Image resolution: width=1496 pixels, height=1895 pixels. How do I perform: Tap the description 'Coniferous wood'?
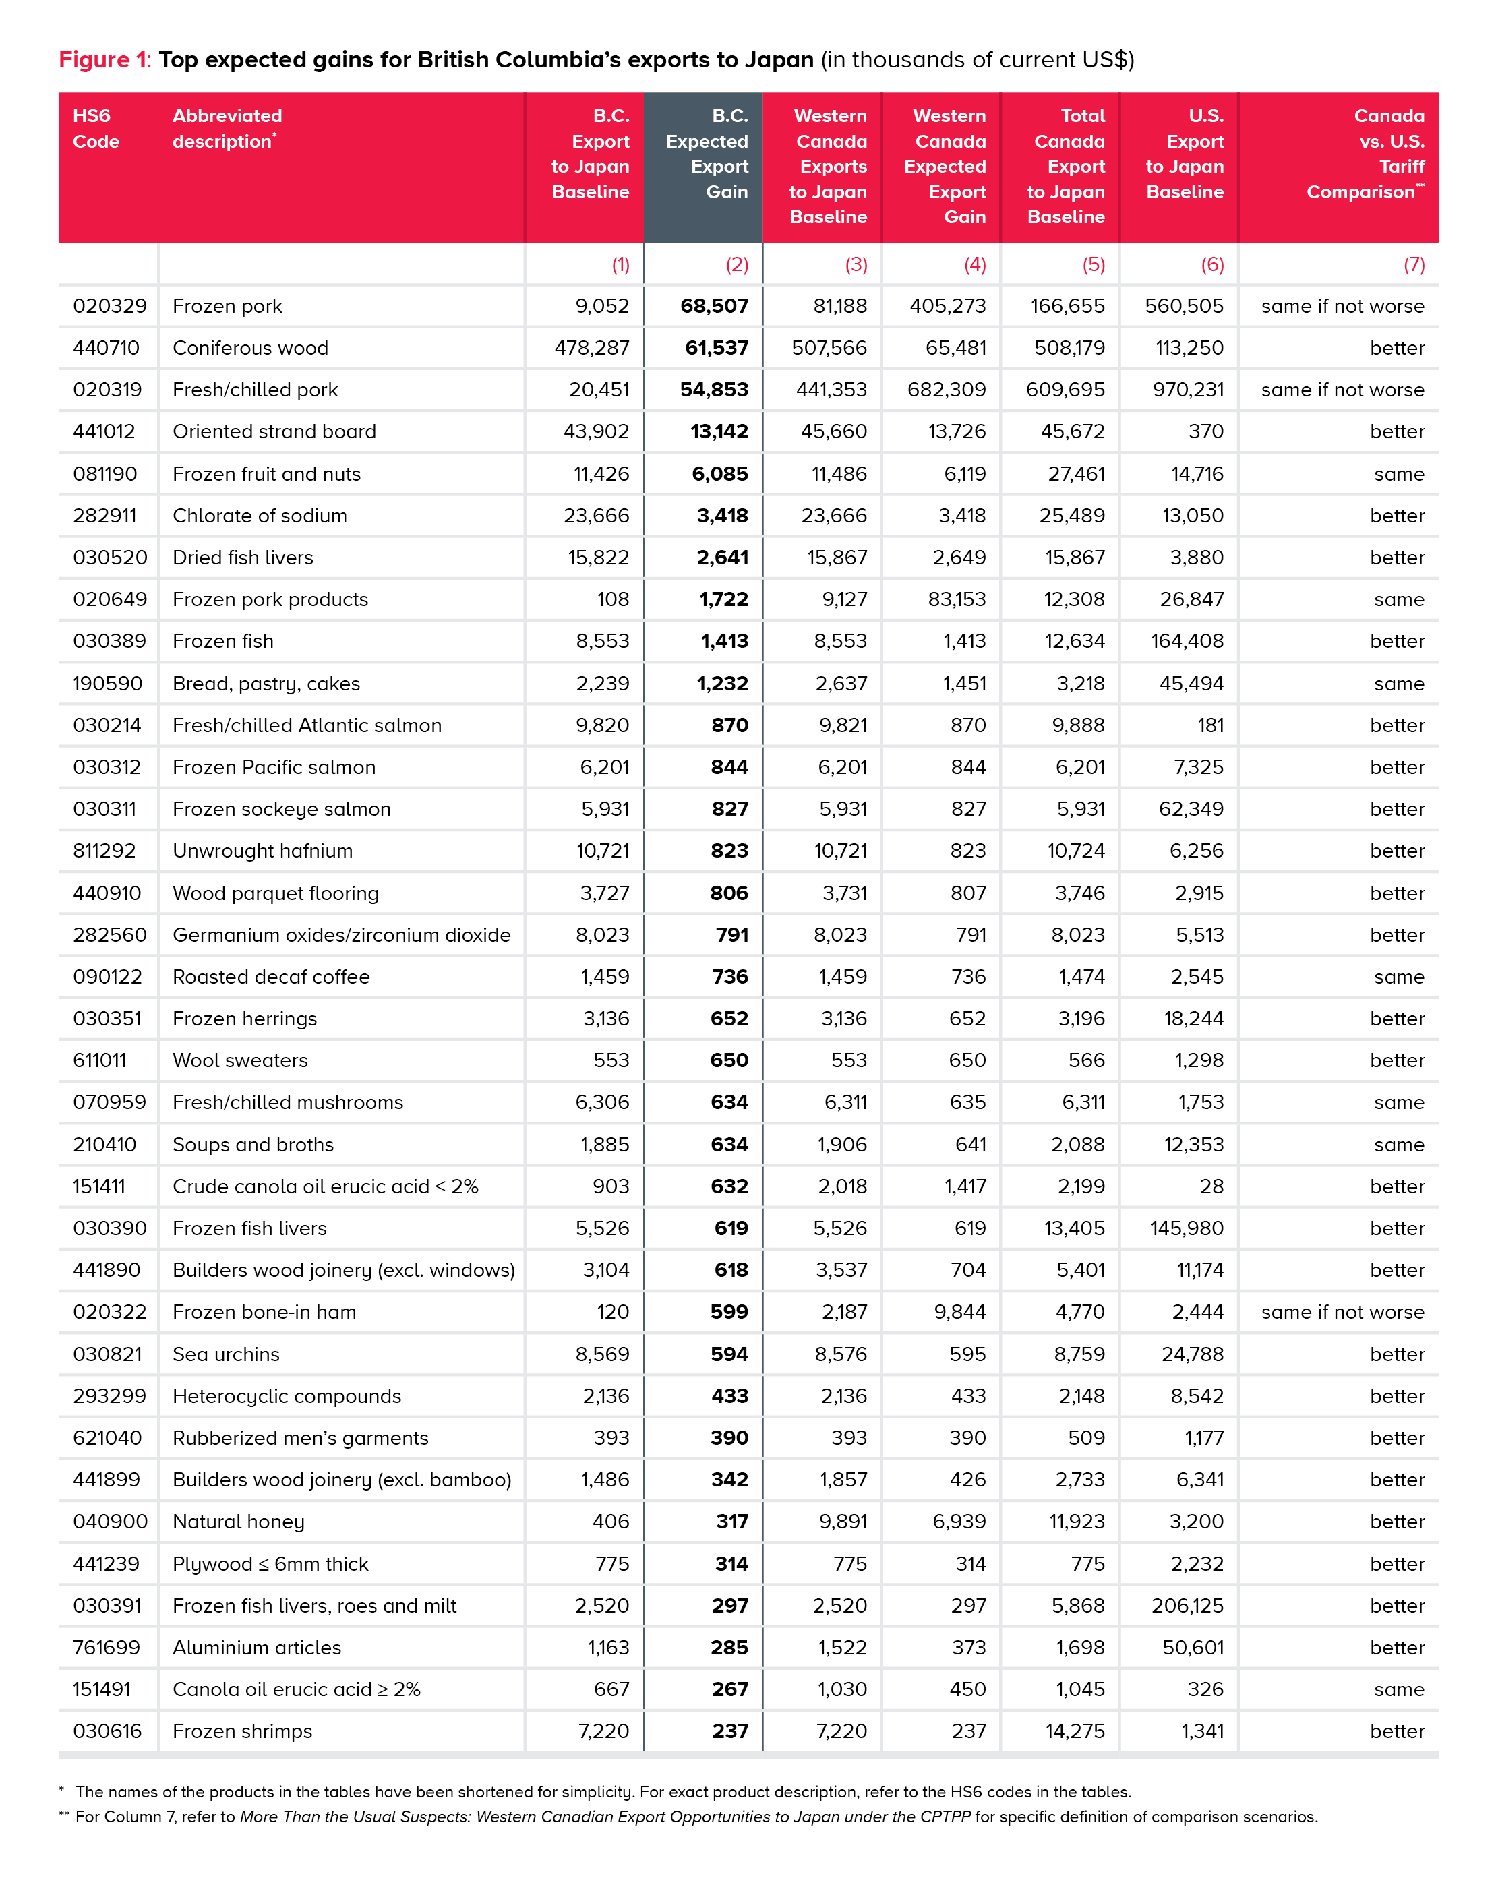click(251, 349)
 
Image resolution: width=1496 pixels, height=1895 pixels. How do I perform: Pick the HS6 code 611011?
click(100, 1060)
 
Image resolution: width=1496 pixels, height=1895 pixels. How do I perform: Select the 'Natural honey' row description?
click(238, 1522)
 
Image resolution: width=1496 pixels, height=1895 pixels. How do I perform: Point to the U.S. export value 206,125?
click(1187, 1606)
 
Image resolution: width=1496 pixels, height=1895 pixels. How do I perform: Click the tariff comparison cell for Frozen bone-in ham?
click(1342, 1312)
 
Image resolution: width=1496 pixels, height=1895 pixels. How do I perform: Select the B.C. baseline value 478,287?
click(591, 349)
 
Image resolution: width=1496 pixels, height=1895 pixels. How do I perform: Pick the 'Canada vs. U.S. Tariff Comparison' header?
click(1365, 154)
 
